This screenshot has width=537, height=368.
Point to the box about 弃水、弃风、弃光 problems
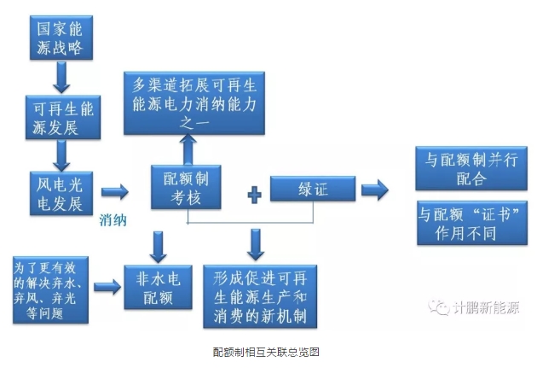click(49, 287)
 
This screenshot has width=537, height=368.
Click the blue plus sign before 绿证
click(253, 196)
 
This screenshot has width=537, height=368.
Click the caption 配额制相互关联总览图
click(266, 351)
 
